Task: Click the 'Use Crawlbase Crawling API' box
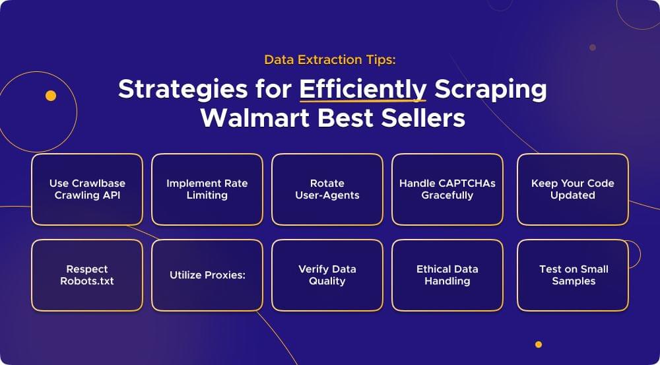coord(87,189)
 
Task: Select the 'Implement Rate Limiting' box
coord(207,189)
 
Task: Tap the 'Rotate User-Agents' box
coord(327,189)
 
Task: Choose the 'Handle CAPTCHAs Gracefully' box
coord(447,189)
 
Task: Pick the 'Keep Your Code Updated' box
coord(572,189)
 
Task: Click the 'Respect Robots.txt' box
coord(87,275)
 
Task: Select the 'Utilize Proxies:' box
coord(207,275)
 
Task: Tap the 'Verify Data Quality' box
coord(327,275)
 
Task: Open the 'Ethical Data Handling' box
coord(447,275)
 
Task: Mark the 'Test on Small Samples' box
coord(572,275)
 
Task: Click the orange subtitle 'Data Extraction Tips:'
coord(330,59)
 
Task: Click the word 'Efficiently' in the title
coord(362,89)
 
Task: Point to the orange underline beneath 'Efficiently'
coord(362,102)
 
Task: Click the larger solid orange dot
coord(51,96)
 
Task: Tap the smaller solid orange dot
coord(539,345)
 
